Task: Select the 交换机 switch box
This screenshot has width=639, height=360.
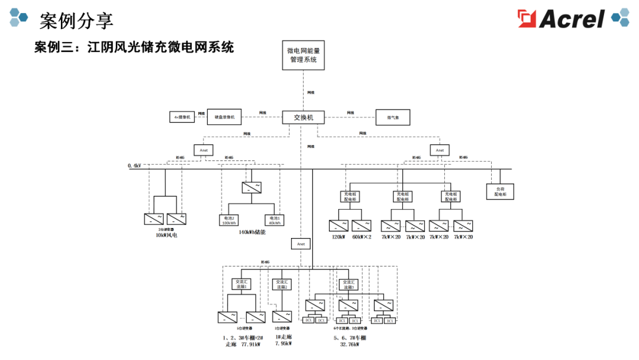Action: point(304,117)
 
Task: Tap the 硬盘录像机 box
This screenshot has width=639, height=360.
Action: point(224,117)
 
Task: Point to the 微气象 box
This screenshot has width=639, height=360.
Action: point(393,117)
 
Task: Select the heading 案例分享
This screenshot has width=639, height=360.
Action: point(76,21)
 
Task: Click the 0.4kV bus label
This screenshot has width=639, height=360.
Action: point(134,166)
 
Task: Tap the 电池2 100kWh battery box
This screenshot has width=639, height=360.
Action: point(229,220)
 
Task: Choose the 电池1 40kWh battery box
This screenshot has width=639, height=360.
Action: point(275,220)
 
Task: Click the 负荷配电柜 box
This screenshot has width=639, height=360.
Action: point(500,191)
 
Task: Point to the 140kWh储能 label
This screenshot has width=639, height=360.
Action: point(252,233)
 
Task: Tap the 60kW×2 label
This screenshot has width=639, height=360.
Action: point(362,237)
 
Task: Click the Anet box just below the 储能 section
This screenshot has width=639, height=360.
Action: point(301,243)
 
